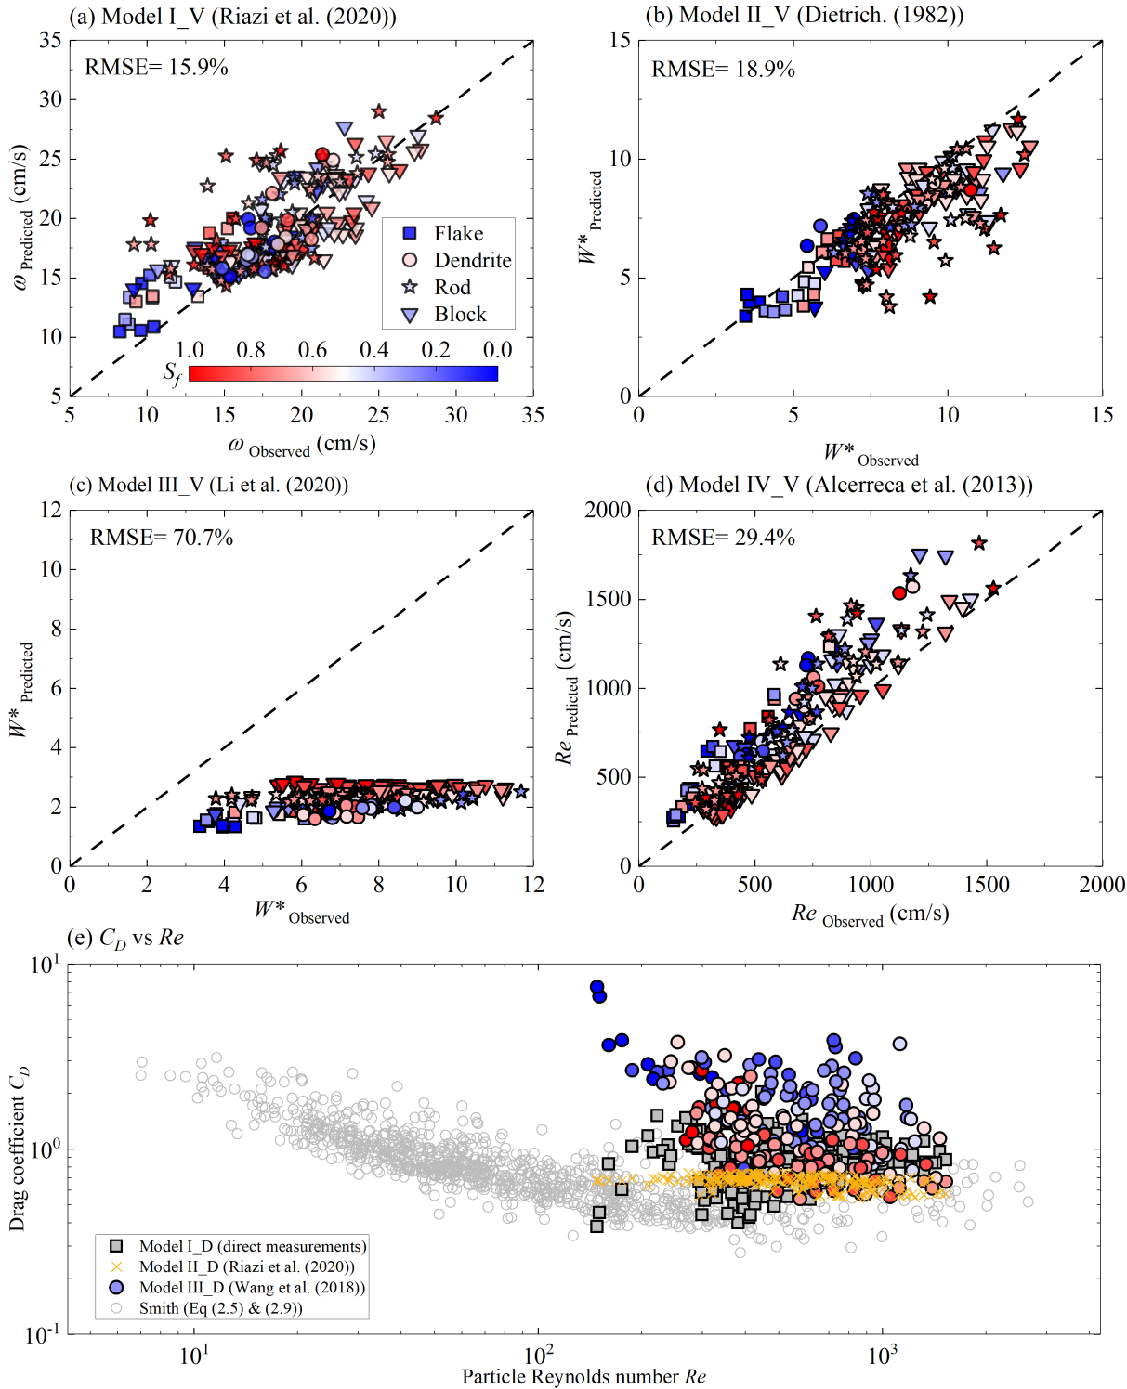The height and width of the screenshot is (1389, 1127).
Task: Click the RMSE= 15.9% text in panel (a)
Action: click(x=156, y=67)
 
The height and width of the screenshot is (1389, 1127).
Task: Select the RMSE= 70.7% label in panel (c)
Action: click(x=161, y=538)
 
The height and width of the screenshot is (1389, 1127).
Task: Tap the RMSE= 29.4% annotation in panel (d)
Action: click(x=723, y=538)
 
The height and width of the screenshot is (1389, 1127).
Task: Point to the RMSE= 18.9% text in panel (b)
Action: click(x=723, y=70)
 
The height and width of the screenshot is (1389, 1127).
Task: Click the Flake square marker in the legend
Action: click(x=410, y=233)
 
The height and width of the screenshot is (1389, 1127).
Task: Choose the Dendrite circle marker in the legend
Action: click(x=410, y=260)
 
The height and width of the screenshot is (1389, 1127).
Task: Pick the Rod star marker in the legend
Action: click(x=410, y=287)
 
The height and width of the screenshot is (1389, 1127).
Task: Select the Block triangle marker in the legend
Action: click(x=410, y=315)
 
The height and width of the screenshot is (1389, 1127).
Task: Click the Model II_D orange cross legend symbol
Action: click(x=116, y=1266)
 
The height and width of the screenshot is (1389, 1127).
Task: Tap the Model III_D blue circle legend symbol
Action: click(x=116, y=1287)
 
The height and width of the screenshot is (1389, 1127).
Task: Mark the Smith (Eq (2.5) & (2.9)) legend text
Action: click(x=221, y=1308)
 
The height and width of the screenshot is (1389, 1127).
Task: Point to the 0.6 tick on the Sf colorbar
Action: click(x=312, y=350)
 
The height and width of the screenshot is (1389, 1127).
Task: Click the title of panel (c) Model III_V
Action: click(x=209, y=485)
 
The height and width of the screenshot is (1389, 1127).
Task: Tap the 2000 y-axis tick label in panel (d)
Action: click(x=608, y=510)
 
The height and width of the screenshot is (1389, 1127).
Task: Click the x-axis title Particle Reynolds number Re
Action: click(x=583, y=1377)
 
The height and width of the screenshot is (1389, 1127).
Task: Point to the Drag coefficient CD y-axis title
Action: click(x=18, y=1149)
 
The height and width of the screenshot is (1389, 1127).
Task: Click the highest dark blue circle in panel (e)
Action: click(x=597, y=987)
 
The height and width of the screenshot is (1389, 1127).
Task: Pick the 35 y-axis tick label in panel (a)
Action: click(x=50, y=40)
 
